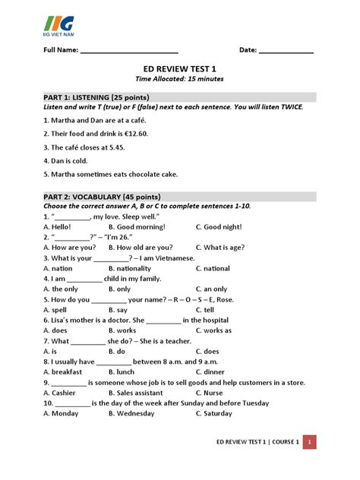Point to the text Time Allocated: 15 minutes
point(179,79)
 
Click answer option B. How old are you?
point(141,247)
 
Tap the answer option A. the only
point(61,289)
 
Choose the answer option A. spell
point(58,310)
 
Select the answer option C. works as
point(216,331)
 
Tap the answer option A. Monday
point(62,414)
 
